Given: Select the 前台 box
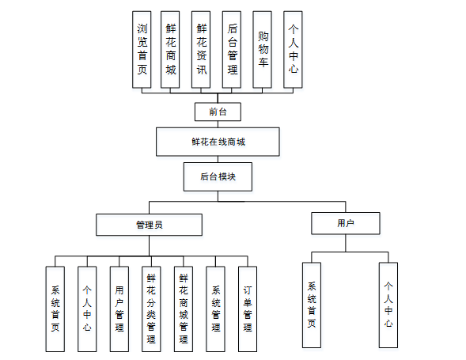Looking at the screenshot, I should tap(218, 111).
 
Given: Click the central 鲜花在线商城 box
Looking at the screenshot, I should tap(218, 142).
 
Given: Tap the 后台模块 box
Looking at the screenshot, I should tap(218, 177).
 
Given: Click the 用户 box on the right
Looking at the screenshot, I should tap(345, 224).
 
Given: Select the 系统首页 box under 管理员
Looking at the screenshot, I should tap(55, 309).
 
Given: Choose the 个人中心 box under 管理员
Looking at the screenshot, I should tap(87, 309).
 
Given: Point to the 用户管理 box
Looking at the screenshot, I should tap(119, 309).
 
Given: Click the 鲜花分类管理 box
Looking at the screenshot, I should tap(151, 309).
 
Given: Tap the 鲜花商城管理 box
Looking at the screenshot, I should tap(184, 309).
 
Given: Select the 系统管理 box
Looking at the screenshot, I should tap(216, 309).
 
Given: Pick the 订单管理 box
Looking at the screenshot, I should tap(248, 309).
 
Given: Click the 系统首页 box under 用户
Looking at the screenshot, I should tap(312, 305).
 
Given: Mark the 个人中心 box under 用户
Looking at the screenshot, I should tap(388, 305).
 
